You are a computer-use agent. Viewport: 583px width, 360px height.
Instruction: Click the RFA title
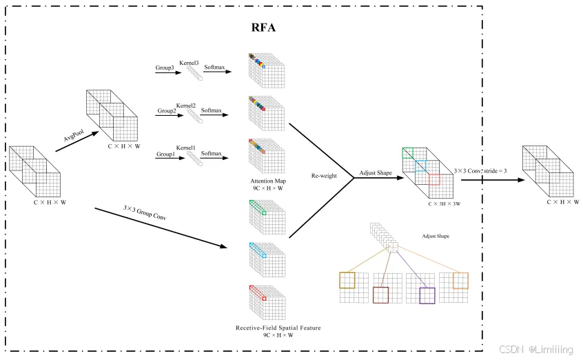tap(263, 28)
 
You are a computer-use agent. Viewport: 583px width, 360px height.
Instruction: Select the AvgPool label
tap(74, 135)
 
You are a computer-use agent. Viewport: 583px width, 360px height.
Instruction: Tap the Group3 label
tap(165, 68)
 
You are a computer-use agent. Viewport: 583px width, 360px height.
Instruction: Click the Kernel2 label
tap(185, 106)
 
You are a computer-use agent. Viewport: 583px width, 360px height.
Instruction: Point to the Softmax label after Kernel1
tap(211, 153)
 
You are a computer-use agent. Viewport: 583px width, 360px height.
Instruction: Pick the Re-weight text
tap(324, 176)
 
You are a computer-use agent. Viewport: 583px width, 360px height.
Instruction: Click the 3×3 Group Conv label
tap(145, 212)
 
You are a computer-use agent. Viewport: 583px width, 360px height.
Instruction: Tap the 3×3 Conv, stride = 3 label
tap(480, 171)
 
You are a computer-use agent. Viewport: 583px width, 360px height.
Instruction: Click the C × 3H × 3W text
tap(444, 203)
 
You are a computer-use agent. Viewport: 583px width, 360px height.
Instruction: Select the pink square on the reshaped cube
tap(434, 179)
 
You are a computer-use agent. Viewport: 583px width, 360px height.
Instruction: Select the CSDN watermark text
tap(511, 349)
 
